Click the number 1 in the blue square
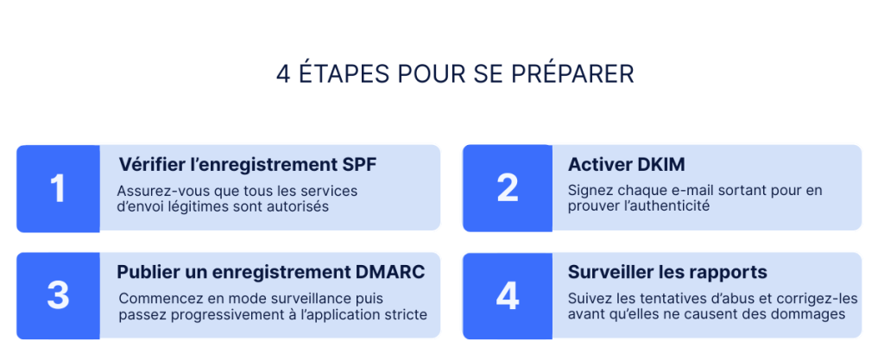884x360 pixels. coord(58,188)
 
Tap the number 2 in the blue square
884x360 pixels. coord(508,188)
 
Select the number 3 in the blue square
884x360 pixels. coord(58,296)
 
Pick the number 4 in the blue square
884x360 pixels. coord(508,296)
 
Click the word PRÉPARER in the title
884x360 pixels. coord(572,74)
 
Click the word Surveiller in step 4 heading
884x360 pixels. coord(607,272)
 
